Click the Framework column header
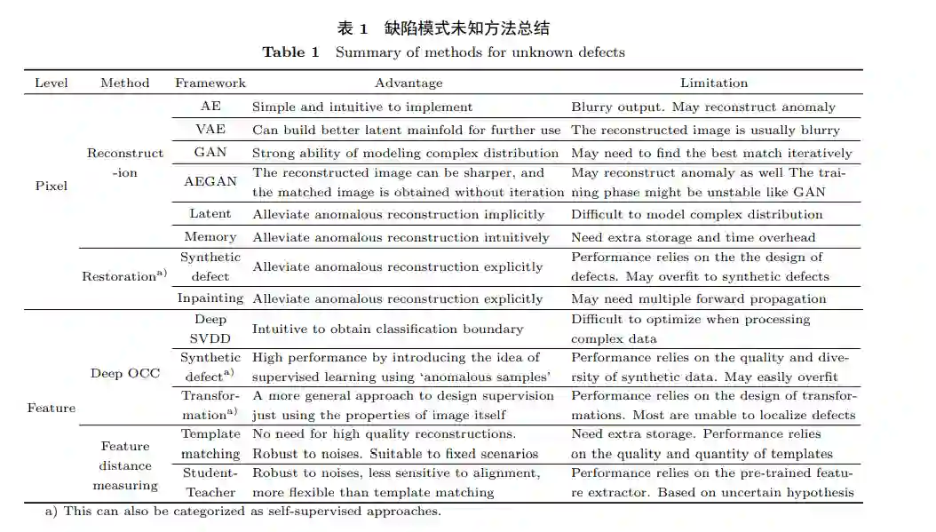(x=210, y=83)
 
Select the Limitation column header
(x=714, y=83)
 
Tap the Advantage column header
(x=409, y=83)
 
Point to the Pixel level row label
(x=51, y=186)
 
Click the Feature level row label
(x=52, y=408)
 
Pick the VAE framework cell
(x=210, y=130)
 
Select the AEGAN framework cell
(x=210, y=181)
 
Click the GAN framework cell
(x=210, y=152)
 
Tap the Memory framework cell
(x=210, y=236)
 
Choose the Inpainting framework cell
(x=210, y=298)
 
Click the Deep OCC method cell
(x=125, y=373)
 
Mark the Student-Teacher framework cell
(x=210, y=482)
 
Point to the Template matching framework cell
(x=210, y=443)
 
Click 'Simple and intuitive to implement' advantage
(x=362, y=107)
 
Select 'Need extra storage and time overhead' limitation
(x=693, y=236)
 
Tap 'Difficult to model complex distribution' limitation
(x=696, y=214)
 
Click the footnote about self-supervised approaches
(x=242, y=511)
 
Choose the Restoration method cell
(x=123, y=276)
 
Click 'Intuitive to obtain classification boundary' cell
(x=387, y=329)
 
